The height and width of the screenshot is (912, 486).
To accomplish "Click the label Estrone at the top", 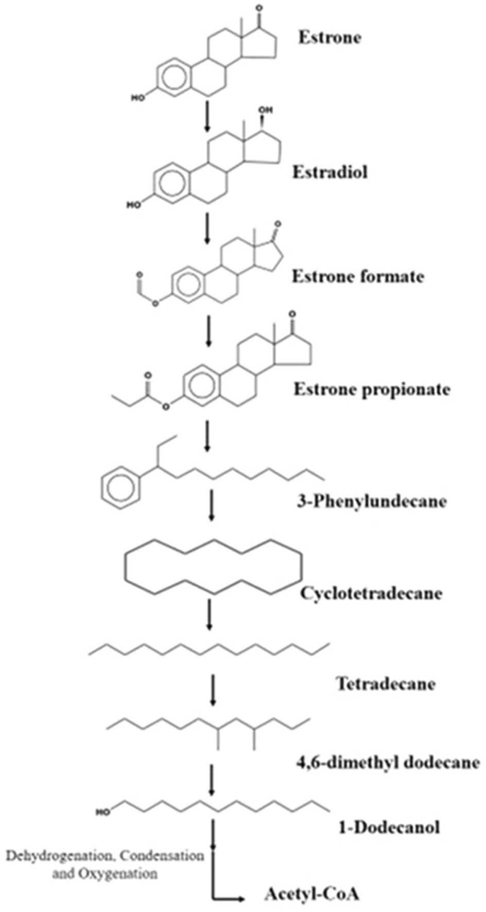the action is pos(329,38).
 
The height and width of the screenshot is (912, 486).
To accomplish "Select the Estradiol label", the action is pos(330,172).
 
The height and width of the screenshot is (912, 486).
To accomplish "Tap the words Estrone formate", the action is pos(358,276).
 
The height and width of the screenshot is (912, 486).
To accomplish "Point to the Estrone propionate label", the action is pos(372,389).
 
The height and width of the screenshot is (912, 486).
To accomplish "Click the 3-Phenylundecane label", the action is pos(371,500).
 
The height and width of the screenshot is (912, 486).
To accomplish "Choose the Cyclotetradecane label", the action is pos(371,593).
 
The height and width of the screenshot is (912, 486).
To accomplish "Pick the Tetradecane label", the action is pos(386,683).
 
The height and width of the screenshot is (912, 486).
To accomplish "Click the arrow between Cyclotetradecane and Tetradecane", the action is pos(209,613).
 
